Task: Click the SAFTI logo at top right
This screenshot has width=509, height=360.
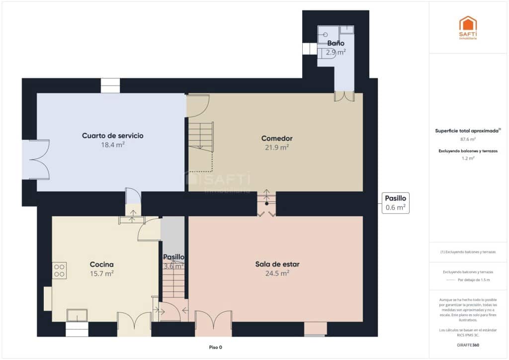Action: (467, 27)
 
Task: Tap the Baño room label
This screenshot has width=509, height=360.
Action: (336, 43)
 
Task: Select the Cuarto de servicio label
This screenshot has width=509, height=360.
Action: (112, 135)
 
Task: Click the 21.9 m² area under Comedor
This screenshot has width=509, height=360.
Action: (277, 147)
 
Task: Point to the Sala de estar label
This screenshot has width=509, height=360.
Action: (277, 264)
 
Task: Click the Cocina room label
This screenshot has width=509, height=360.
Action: (101, 265)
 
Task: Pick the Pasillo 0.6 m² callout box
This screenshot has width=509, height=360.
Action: (396, 203)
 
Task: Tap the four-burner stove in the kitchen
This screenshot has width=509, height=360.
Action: (60, 270)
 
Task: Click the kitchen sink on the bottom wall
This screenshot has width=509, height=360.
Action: (77, 315)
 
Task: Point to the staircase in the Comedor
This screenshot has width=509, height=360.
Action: (201, 137)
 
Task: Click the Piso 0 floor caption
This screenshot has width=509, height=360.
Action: (215, 347)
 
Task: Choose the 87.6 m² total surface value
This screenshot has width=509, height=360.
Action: (468, 140)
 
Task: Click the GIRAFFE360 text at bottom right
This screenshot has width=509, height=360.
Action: (468, 345)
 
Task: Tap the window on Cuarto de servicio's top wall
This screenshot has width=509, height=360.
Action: (110, 86)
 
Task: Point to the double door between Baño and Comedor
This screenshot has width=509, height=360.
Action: (344, 96)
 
